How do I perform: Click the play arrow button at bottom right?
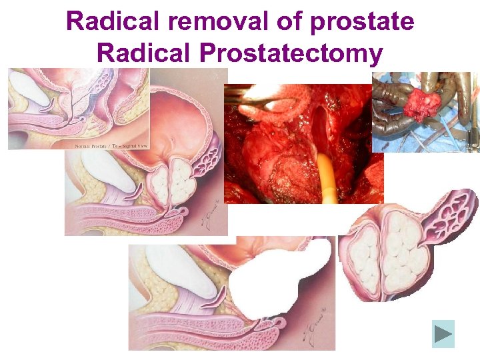[x=443, y=334]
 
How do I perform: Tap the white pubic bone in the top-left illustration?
[x=29, y=87]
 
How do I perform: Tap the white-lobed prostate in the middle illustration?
[x=170, y=183]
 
